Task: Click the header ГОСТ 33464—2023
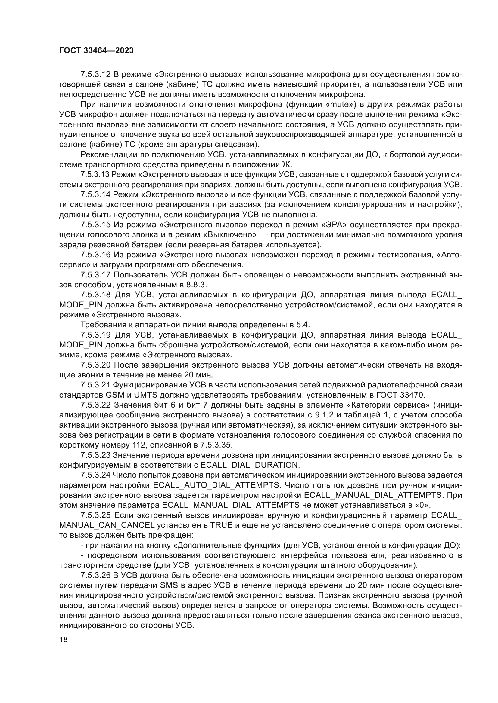pyautogui.click(x=96, y=51)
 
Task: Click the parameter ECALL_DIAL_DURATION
pyautogui.click(x=249, y=465)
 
